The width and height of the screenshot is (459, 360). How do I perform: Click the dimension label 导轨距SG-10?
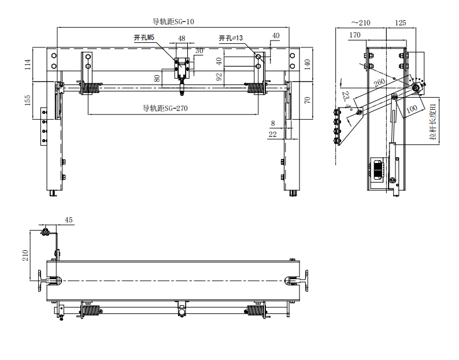click(x=173, y=21)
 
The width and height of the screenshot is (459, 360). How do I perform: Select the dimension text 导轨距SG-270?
click(x=165, y=108)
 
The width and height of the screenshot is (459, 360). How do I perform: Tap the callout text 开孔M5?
click(x=144, y=38)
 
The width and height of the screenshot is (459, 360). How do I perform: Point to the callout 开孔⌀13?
click(x=231, y=38)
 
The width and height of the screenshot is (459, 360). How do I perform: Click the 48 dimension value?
click(x=182, y=38)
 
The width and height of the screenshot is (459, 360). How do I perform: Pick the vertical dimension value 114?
click(x=28, y=64)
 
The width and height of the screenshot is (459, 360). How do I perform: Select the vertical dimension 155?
click(x=28, y=100)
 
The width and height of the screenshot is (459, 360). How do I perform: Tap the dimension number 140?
click(x=307, y=64)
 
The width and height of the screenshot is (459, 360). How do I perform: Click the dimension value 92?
click(x=219, y=77)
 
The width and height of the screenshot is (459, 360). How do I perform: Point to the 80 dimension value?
click(x=157, y=79)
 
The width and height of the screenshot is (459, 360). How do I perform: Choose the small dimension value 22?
click(x=272, y=134)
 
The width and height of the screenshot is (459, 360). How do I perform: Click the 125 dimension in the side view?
click(x=401, y=23)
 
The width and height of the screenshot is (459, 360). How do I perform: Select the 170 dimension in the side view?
click(x=355, y=35)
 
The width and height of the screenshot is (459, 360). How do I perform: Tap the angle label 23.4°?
click(x=347, y=100)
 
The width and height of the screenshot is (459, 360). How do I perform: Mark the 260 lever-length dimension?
click(x=379, y=82)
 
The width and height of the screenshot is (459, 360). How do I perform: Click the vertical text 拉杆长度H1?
click(x=433, y=122)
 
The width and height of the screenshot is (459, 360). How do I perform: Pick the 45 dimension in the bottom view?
click(x=68, y=220)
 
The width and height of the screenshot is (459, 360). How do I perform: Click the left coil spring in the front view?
click(x=91, y=88)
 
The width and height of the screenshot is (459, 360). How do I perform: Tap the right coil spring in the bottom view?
click(x=256, y=310)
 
